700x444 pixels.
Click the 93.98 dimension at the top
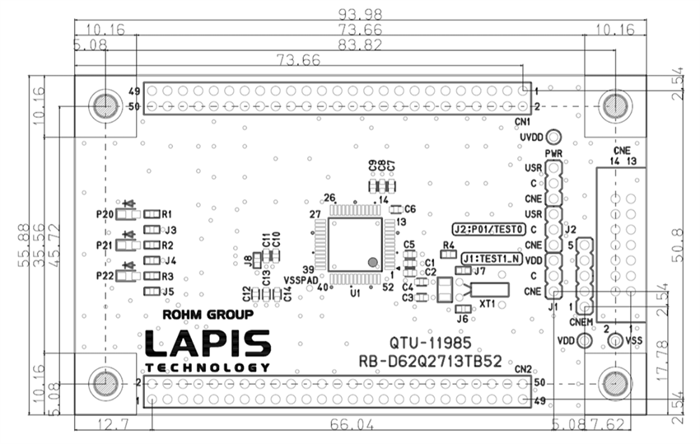pyautogui.click(x=351, y=13)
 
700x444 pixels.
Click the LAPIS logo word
pyautogui.click(x=208, y=344)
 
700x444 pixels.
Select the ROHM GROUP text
pyautogui.click(x=208, y=315)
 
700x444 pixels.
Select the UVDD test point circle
pyautogui.click(x=554, y=137)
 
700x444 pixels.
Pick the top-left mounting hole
pyautogui.click(x=105, y=105)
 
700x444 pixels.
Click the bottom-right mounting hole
pyautogui.click(x=614, y=383)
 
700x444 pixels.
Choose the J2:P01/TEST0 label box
pyautogui.click(x=488, y=228)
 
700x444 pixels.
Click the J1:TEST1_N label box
pyautogui.click(x=492, y=258)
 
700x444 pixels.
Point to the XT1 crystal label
pyautogui.click(x=488, y=303)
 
